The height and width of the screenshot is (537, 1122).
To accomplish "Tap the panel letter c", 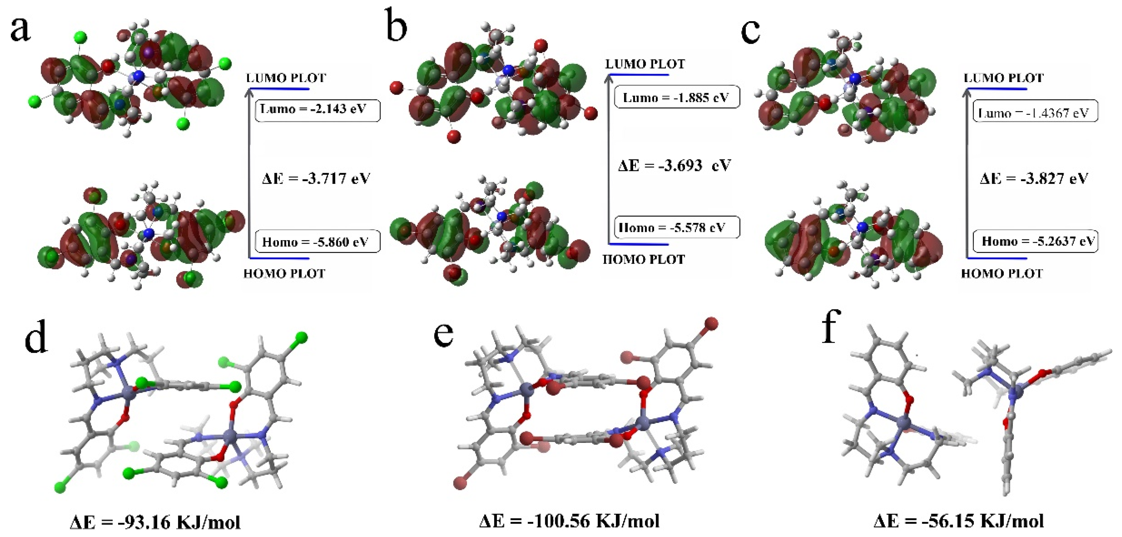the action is (x=750, y=31).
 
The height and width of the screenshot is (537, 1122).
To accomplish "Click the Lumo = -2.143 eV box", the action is (x=317, y=111).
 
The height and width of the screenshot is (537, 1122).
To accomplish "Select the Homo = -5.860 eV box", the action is (x=317, y=242).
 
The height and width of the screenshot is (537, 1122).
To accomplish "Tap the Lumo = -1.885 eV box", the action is (x=676, y=97).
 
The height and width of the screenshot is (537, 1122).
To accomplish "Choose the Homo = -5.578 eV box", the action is (x=676, y=227).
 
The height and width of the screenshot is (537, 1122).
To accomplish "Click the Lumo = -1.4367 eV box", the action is (x=1035, y=112).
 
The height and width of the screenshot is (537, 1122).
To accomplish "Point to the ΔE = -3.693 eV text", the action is (x=674, y=165).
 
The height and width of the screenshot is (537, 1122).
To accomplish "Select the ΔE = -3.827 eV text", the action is (x=1034, y=179).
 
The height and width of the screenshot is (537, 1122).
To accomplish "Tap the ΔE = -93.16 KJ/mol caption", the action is (x=155, y=521).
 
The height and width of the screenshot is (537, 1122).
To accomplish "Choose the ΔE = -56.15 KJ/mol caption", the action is (x=959, y=521).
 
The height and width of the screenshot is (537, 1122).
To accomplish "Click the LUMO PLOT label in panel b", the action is (x=645, y=64).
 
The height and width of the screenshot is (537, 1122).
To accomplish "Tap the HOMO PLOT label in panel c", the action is (x=1002, y=274).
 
